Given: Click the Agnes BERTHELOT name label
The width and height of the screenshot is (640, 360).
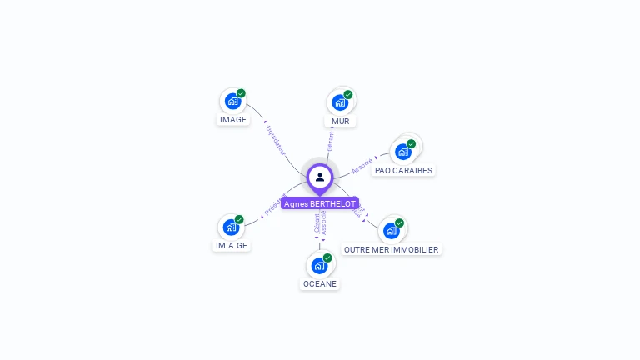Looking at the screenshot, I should [320, 203].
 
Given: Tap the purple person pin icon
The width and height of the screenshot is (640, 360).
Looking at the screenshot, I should [320, 177].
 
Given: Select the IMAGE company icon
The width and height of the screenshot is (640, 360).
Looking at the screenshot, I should [232, 101].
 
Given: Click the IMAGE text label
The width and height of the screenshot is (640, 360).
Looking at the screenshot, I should [233, 119].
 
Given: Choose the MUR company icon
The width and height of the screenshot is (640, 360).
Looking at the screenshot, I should [339, 102].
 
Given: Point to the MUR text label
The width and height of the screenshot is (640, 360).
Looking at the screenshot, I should [340, 121].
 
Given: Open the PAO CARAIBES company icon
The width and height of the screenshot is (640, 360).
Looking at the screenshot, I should [403, 152].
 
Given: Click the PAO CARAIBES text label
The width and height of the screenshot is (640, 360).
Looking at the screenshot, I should [404, 170].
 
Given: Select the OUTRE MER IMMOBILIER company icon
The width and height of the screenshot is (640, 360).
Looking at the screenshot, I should [391, 231].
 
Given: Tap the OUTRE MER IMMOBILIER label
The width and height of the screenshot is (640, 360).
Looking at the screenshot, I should [391, 249].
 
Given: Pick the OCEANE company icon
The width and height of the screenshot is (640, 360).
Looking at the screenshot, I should [318, 266].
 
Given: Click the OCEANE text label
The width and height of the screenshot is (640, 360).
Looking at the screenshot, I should [320, 283].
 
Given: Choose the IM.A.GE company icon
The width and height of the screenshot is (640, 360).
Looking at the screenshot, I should [231, 227].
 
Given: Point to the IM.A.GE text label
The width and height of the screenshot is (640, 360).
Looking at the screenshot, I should [232, 245].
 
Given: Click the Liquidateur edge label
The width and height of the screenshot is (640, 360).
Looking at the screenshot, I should [275, 140].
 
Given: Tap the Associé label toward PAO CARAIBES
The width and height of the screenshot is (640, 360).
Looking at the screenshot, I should [362, 165].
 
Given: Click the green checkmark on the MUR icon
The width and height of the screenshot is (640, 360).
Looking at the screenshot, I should [348, 95].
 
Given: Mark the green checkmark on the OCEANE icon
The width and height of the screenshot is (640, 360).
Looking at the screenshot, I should [327, 258].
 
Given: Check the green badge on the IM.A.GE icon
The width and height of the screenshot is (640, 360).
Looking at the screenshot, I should [239, 219].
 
